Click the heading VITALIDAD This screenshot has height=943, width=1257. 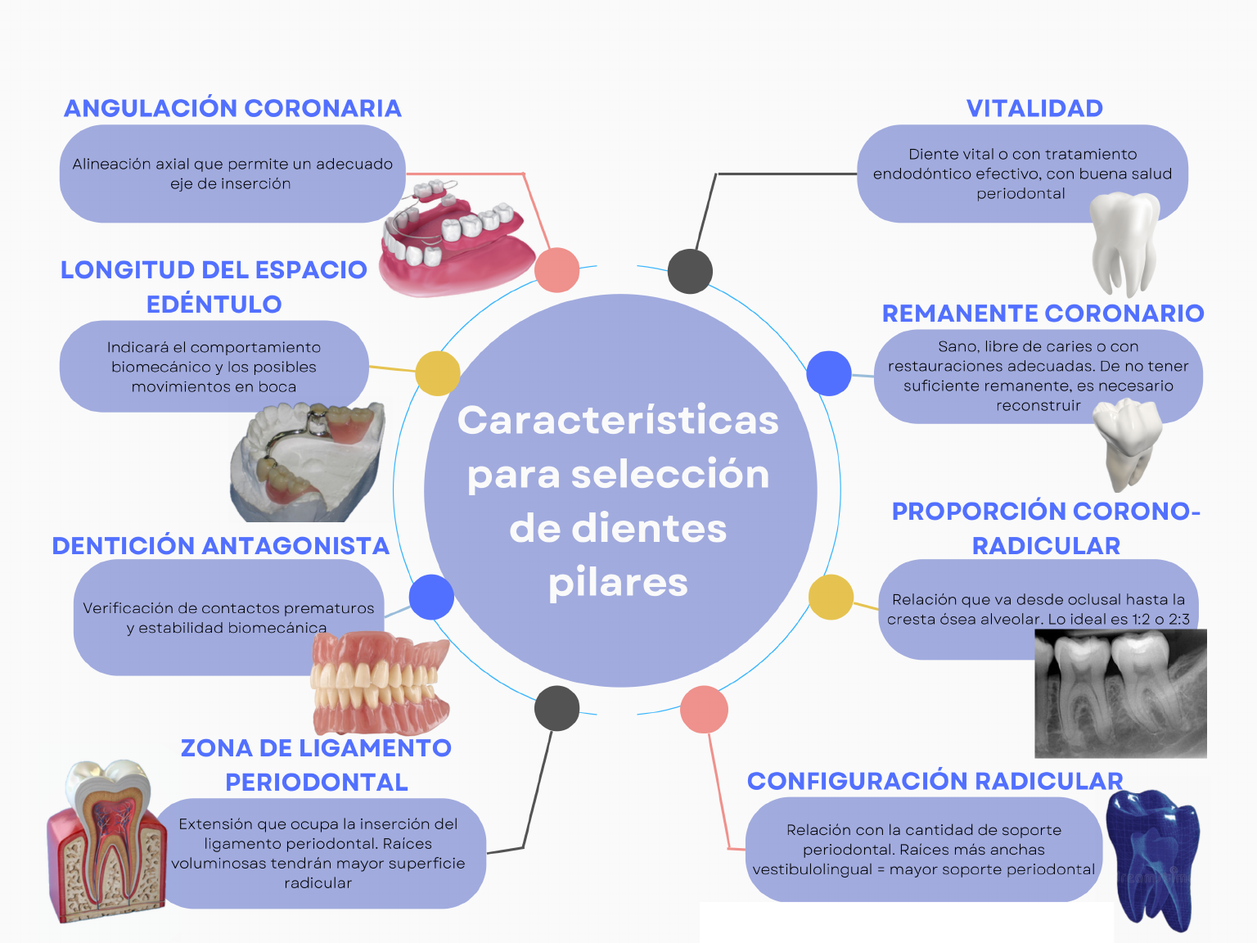coord(1034,108)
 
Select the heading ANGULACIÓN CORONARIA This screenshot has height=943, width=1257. coord(232,108)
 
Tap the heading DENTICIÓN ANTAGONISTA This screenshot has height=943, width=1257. coord(220,546)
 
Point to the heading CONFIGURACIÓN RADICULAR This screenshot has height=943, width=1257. coord(935,781)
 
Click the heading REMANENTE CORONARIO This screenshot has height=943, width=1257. coord(1043,313)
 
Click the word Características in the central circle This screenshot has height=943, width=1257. coord(618,420)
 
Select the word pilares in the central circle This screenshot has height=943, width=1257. coord(618,582)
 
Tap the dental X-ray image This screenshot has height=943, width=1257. coord(1120,694)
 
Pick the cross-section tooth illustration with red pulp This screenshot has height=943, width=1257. coord(105,843)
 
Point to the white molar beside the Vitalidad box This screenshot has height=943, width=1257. coord(1127,241)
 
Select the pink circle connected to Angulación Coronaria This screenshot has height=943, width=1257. coord(556,270)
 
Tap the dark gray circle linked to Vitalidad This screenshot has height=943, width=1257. coord(690,271)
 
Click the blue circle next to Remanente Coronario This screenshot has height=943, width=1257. coord(829,373)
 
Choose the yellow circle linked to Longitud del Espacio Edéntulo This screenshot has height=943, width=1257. coord(438,373)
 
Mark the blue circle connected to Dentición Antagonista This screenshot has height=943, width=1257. coord(431,597)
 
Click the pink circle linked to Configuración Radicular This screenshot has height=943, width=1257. coord(704,709)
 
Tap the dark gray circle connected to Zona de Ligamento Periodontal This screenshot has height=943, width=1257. coord(556,708)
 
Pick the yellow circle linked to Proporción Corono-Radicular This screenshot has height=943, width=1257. coord(831,597)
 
